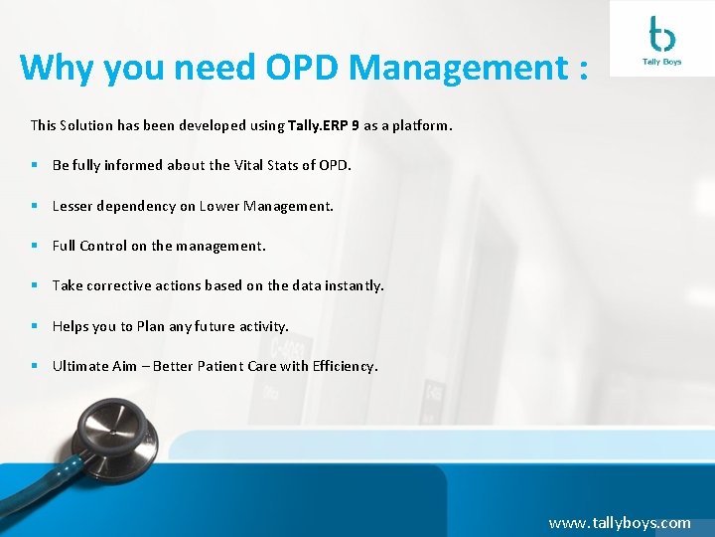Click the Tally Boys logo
coord(660,40)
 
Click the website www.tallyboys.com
coord(619,522)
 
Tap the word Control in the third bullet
coord(103,246)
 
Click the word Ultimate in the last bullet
coord(80,366)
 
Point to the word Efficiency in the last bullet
coord(345,366)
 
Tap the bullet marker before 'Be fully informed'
coord(34,165)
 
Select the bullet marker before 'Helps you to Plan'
coord(34,326)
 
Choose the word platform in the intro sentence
coord(422,126)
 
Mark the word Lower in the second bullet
coord(219,206)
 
